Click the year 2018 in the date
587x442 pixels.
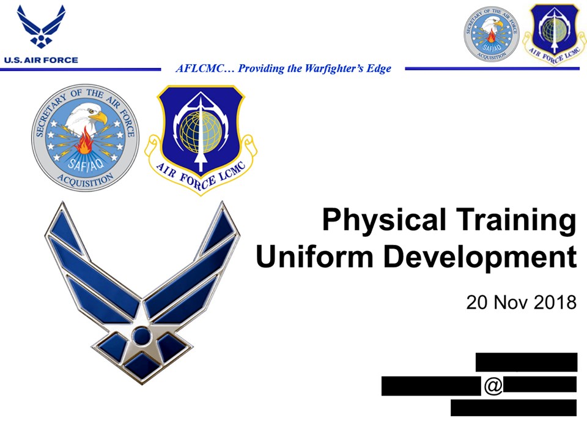tap(554, 302)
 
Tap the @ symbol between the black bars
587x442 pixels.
tap(493, 386)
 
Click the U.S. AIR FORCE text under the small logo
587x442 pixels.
tap(41, 60)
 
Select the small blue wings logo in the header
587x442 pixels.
tap(41, 28)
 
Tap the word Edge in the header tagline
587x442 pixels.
tap(378, 69)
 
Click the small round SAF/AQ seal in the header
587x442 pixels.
tap(491, 33)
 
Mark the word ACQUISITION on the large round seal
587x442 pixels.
tap(86, 178)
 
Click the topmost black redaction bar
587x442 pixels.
tap(526, 362)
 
